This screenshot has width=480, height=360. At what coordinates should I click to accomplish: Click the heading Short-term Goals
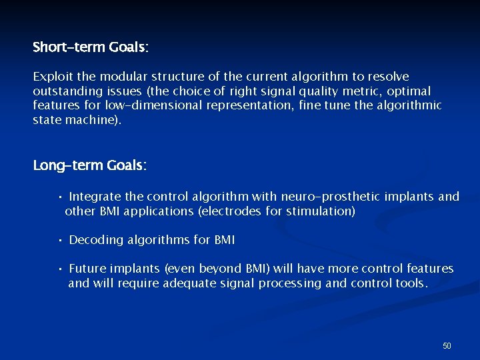91,47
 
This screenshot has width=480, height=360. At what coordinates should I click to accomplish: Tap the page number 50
447,345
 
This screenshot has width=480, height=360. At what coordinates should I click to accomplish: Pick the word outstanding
65,91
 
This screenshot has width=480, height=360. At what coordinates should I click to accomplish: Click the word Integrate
95,197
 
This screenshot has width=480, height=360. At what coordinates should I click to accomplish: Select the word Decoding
95,240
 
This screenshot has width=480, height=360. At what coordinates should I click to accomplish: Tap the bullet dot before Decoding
60,240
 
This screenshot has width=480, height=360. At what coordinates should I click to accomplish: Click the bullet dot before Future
60,269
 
